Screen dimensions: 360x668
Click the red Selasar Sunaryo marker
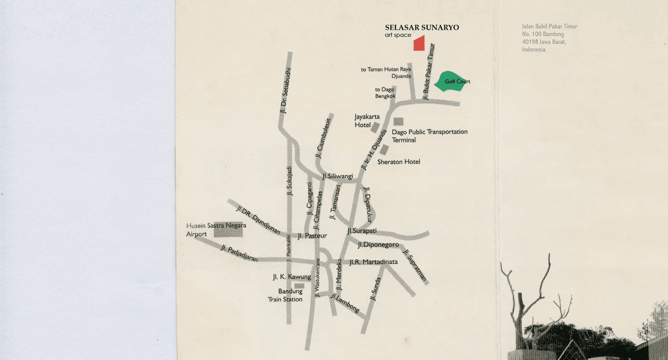click(x=419, y=43)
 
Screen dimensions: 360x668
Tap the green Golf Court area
click(x=453, y=84)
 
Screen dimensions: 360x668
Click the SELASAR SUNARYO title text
click(x=422, y=28)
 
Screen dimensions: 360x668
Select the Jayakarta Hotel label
click(x=367, y=120)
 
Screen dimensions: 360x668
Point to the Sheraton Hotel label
click(x=398, y=162)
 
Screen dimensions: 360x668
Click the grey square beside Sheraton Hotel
click(x=384, y=150)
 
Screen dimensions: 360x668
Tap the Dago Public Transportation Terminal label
click(x=429, y=136)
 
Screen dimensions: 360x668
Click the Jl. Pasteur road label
click(x=312, y=235)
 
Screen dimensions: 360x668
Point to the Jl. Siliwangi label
click(x=338, y=176)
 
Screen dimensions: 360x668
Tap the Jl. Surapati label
click(x=361, y=231)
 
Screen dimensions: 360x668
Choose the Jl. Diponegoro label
click(x=378, y=245)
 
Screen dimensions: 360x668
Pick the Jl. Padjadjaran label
click(x=240, y=253)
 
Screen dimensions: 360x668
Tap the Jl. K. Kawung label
click(x=292, y=277)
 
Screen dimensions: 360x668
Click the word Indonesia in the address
click(x=533, y=49)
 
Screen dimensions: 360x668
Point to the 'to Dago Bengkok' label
click(x=385, y=93)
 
